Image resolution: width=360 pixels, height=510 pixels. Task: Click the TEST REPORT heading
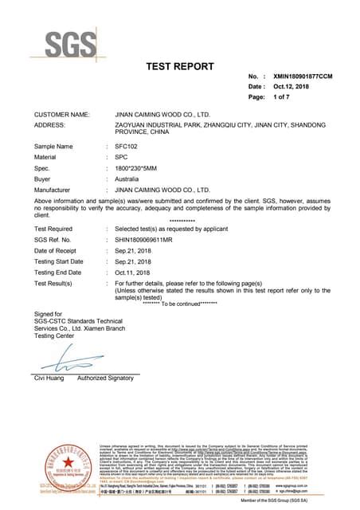[180, 66]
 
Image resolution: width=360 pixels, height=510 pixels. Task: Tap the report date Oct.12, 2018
[291, 86]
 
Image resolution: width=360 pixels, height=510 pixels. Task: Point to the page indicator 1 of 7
[283, 96]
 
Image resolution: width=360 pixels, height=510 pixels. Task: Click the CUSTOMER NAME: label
[61, 115]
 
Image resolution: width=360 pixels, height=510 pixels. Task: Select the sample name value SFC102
[127, 147]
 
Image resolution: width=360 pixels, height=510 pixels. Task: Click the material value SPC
[122, 158]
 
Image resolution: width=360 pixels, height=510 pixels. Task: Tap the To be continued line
[180, 304]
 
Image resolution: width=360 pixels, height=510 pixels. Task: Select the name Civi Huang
[49, 378]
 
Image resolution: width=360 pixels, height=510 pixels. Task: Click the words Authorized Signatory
[106, 378]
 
